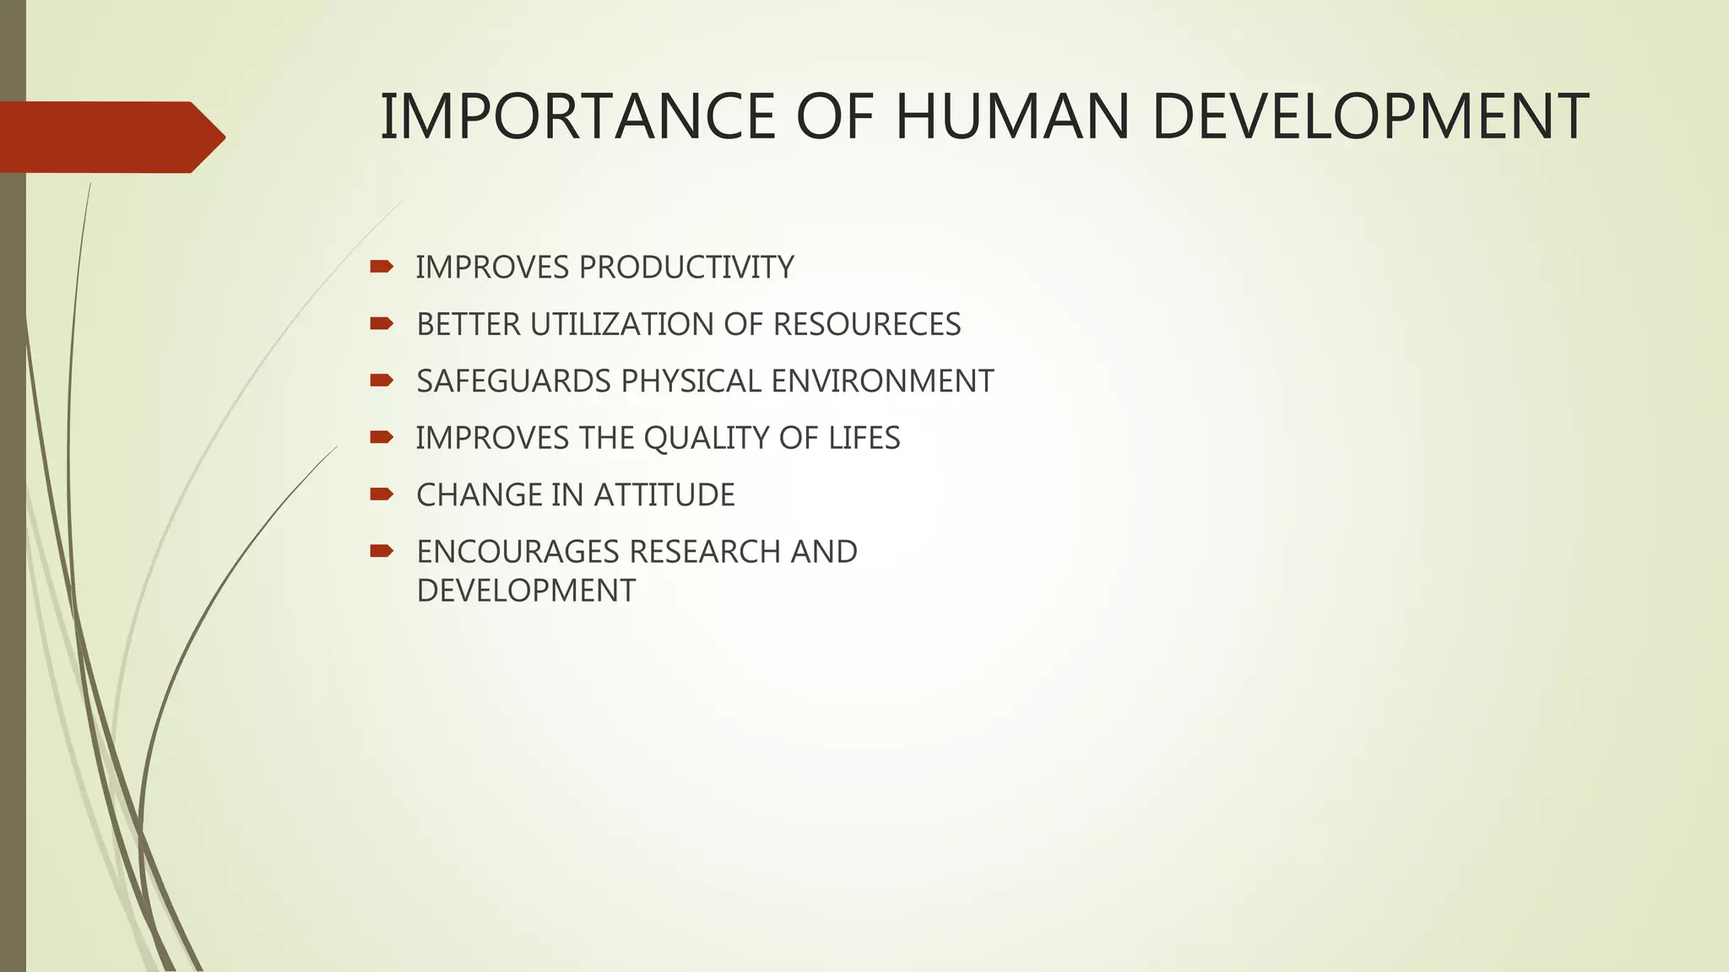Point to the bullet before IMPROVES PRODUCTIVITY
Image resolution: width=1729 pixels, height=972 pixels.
coord(382,267)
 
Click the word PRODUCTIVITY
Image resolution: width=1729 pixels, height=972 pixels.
coord(686,267)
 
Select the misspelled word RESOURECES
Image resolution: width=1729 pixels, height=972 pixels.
coord(866,325)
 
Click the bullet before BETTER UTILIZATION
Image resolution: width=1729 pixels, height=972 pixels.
coord(382,323)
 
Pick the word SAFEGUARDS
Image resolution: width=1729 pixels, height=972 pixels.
coord(513,381)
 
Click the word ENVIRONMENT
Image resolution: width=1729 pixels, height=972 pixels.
coord(882,381)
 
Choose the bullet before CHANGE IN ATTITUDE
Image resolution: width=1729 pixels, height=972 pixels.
coord(382,494)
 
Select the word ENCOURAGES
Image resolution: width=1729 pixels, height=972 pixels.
coord(518,552)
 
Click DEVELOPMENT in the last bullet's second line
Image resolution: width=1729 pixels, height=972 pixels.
coord(526,591)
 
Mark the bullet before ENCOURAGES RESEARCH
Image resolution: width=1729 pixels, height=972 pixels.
coord(382,551)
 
